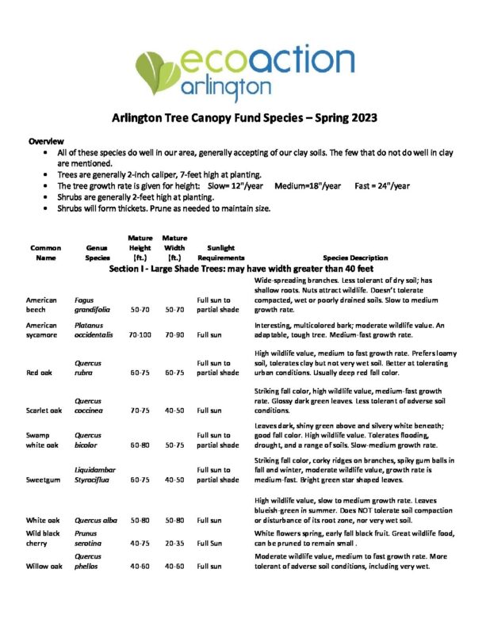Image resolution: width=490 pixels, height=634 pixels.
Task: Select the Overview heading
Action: coord(46,140)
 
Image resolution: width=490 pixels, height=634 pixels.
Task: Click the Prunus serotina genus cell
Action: coord(89,539)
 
